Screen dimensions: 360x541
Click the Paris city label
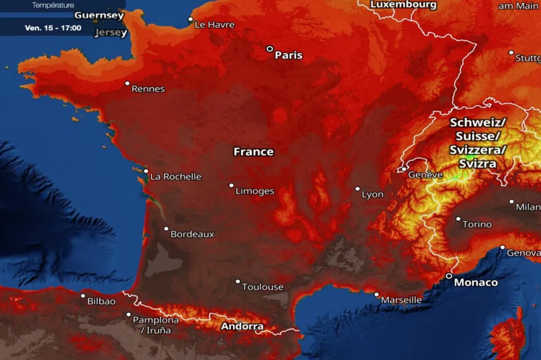[289, 55]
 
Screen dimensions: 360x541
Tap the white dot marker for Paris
[270, 49]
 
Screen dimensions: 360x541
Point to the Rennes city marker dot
[128, 84]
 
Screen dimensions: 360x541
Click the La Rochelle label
[176, 177]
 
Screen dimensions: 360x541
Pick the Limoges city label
[255, 191]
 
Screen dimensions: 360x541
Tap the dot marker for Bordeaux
[166, 229]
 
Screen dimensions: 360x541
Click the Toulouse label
[262, 287]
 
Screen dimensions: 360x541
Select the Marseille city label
[401, 300]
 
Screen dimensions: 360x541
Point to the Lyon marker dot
[357, 189]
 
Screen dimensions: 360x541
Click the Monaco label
[476, 282]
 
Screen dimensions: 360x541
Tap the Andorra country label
[242, 326]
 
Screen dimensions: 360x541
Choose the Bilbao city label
[101, 301]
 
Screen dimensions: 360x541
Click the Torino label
[477, 224]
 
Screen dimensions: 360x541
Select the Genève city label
[426, 175]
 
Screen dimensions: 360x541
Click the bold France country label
[253, 151]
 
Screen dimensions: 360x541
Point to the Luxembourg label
[403, 4]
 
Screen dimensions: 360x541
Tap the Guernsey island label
[99, 15]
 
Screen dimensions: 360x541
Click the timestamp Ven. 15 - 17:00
[53, 28]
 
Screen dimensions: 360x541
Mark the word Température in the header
[53, 5]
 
